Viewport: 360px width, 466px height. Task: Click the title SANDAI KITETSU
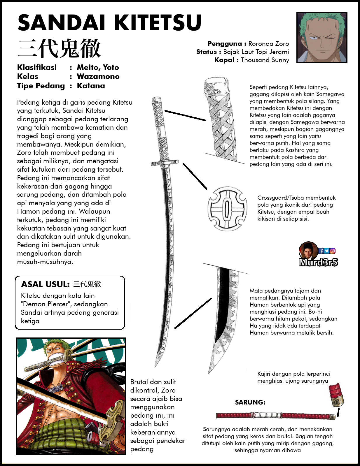[x=109, y=23]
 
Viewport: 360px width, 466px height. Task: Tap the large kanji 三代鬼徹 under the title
[x=59, y=49]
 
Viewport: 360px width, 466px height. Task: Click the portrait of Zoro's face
[x=322, y=37]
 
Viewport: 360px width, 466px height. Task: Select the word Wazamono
[x=98, y=77]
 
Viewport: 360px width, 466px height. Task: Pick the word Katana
[x=91, y=86]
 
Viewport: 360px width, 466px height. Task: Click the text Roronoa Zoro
[x=268, y=44]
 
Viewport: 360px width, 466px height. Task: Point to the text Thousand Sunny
[x=265, y=60]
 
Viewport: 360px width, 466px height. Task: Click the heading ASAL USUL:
[x=45, y=284]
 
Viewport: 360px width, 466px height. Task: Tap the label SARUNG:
[x=250, y=402]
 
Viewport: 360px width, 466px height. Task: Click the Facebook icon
[x=321, y=251]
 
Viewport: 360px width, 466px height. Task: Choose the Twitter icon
[x=327, y=251]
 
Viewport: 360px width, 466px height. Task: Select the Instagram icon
[x=333, y=251]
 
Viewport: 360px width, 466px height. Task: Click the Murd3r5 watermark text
[x=318, y=263]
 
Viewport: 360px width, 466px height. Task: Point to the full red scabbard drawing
[x=275, y=415]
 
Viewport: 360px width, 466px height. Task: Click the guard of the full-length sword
[x=164, y=163]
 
